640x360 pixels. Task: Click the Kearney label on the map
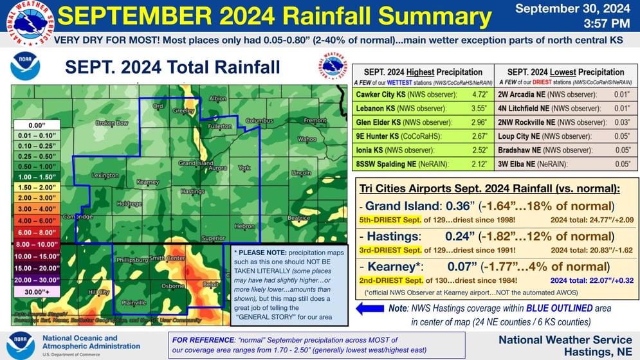pos(148,182)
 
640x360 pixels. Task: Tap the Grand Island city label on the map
pos(196,163)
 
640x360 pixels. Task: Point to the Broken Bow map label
pos(112,123)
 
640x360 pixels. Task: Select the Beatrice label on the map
pos(298,218)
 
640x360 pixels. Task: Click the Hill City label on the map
pos(98,292)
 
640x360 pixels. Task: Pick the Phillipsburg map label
pos(133,260)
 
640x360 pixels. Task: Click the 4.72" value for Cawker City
pos(477,94)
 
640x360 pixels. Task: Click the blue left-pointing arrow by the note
pos(370,309)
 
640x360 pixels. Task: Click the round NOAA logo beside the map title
pos(26,67)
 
